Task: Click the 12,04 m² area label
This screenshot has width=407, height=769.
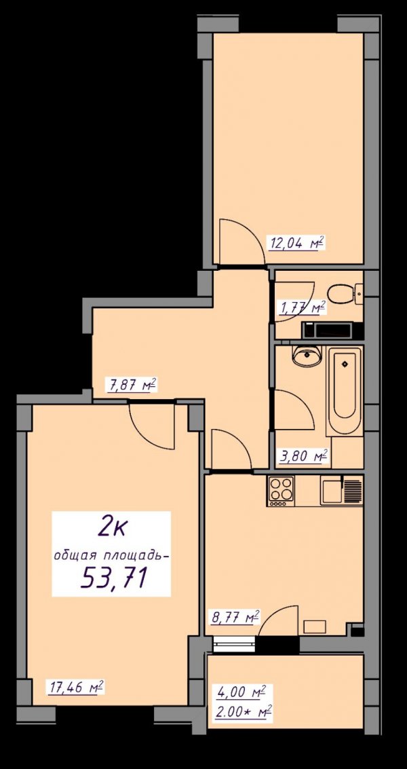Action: pos(296,243)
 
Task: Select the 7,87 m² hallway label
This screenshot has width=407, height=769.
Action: pos(131,385)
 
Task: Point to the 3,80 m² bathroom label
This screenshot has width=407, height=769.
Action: pos(303,457)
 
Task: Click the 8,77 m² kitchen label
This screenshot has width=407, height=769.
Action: pos(235,617)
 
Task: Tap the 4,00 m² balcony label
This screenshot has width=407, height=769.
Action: pos(241,692)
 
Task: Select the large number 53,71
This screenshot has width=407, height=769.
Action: pos(114,578)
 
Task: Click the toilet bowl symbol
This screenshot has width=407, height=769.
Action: pos(344,295)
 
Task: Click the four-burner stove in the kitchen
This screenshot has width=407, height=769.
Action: pos(281,491)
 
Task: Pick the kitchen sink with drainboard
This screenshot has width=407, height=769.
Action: pos(341,491)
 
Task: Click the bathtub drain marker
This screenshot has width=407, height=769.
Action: pos(344,363)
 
